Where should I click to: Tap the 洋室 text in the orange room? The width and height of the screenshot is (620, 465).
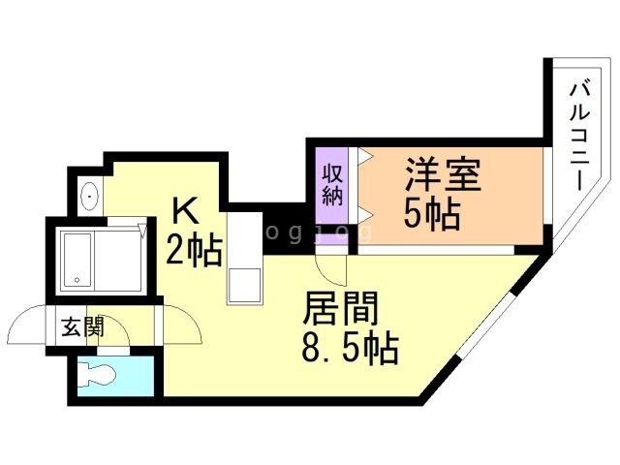click(x=443, y=178)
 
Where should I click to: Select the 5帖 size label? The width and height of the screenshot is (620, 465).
click(x=432, y=215)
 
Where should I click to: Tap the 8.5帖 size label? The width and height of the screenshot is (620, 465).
click(x=351, y=349)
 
